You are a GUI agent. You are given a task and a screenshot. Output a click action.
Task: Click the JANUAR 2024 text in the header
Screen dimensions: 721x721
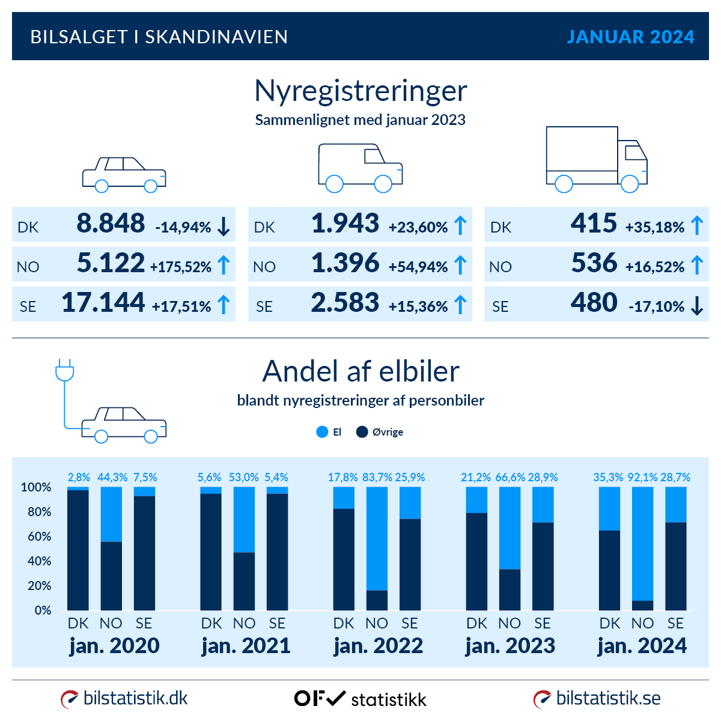click(630, 37)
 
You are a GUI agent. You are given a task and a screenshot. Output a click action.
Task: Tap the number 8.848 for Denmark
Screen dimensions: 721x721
click(111, 224)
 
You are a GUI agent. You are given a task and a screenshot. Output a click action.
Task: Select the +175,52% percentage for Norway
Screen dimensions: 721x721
click(181, 267)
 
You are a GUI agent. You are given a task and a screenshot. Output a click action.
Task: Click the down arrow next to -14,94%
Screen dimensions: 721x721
click(224, 227)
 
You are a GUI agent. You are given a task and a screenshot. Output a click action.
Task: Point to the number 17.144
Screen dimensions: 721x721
click(103, 303)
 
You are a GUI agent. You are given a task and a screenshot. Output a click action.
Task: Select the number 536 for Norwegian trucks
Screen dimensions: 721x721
click(594, 263)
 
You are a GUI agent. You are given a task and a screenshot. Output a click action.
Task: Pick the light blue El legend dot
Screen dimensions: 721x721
click(322, 432)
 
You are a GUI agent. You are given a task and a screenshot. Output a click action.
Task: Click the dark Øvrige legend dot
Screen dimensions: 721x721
click(362, 432)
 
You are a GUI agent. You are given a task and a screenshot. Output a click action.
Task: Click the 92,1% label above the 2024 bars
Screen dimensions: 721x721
click(642, 478)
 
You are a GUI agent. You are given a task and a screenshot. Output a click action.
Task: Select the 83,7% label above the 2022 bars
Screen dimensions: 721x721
click(377, 478)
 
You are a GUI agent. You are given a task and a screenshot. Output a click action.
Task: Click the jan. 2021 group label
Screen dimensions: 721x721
click(246, 646)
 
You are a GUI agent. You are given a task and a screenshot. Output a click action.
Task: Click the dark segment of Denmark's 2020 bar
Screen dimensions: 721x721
click(78, 550)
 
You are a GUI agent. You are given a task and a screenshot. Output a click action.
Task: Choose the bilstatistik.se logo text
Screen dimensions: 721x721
click(608, 698)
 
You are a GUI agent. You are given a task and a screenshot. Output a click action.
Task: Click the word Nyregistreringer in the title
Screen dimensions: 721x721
click(360, 91)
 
